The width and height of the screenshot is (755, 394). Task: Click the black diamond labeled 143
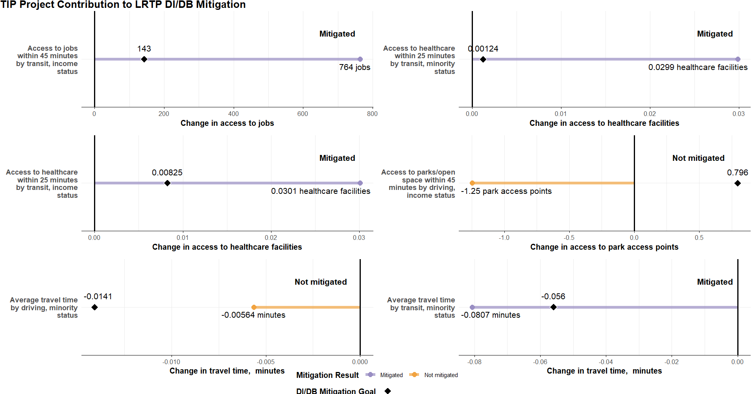pos(144,59)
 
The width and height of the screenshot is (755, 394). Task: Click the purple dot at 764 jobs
pos(360,59)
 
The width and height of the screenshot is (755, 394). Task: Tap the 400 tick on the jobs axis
pos(233,114)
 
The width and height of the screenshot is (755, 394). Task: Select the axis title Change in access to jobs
pos(227,123)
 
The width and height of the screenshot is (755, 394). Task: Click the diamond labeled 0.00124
pos(483,59)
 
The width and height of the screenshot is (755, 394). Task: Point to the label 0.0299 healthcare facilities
pos(698,67)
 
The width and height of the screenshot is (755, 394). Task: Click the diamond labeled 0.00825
pos(167,183)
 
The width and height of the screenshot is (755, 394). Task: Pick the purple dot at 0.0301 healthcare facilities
pos(360,183)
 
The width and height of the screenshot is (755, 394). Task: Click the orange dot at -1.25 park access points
pos(472,183)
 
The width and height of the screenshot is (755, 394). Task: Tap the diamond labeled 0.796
pos(738,183)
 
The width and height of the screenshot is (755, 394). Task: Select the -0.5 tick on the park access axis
pos(569,238)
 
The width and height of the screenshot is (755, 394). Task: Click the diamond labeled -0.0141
pos(94,307)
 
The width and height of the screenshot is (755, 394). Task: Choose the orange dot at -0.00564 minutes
pos(254,307)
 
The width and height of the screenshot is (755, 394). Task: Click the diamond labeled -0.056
pos(554,307)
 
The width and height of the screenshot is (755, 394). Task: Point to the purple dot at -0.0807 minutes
pos(472,307)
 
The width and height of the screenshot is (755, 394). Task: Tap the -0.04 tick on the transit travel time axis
pos(606,362)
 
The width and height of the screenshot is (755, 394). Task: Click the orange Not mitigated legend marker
pos(414,375)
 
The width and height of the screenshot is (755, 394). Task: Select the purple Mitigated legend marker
pos(370,375)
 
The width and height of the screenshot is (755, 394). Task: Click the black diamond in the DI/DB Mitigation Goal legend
pos(388,391)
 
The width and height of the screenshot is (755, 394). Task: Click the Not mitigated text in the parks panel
pos(698,158)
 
